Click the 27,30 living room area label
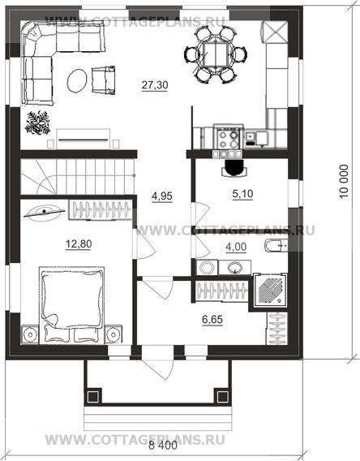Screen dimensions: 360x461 [155, 85]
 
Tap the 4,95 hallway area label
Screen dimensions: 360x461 [162, 196]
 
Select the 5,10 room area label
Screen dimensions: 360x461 [242, 194]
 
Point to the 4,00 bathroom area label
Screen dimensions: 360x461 [236, 247]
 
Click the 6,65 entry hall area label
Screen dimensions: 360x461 [212, 319]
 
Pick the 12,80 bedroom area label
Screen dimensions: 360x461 [79, 244]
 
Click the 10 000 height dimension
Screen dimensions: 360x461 [344, 182]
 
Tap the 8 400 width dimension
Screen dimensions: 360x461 [163, 446]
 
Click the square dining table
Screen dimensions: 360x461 [216, 54]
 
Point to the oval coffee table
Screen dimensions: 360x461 [77, 80]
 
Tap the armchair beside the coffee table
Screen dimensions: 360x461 [103, 80]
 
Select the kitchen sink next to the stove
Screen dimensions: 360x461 [257, 138]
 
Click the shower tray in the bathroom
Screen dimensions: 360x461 [271, 290]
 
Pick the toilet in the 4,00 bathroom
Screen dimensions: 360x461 [276, 246]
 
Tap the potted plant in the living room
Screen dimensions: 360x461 [37, 123]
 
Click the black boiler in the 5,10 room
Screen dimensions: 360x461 [234, 168]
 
